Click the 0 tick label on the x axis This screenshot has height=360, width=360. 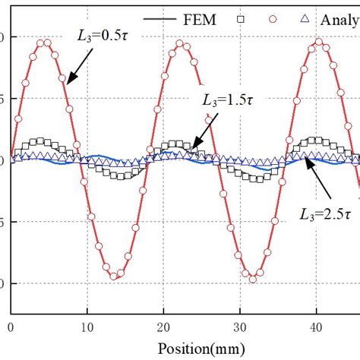11,327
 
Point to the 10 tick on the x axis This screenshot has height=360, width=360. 87,327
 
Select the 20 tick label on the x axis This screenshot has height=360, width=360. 164,327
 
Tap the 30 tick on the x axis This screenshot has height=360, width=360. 241,327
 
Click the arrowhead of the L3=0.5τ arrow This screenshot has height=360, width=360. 68,82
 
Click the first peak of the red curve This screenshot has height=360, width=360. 44,42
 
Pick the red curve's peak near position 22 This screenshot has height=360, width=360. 181,43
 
